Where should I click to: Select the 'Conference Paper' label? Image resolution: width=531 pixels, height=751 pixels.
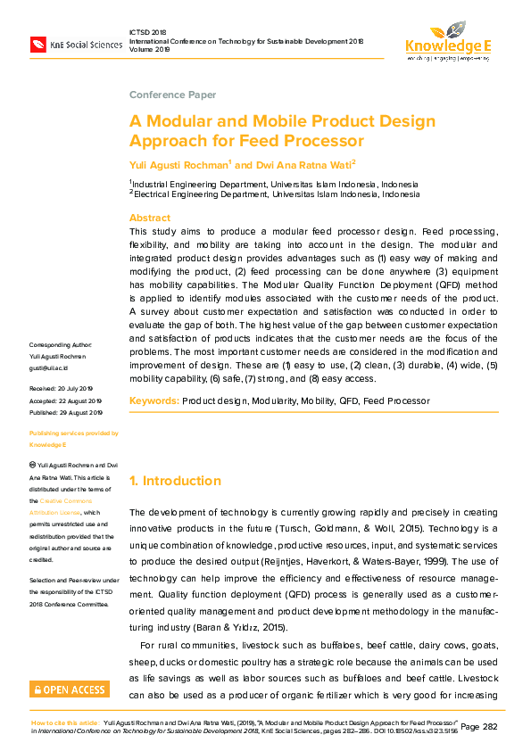point(172,95)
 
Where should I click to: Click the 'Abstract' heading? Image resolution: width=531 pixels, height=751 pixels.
point(150,218)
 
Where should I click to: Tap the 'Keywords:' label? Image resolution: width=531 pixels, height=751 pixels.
point(154,401)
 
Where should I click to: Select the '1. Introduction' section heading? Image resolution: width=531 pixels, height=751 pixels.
point(175,481)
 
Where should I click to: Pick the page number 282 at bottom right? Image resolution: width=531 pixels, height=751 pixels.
point(490,727)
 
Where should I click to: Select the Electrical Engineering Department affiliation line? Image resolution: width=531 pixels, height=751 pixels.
point(277,194)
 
